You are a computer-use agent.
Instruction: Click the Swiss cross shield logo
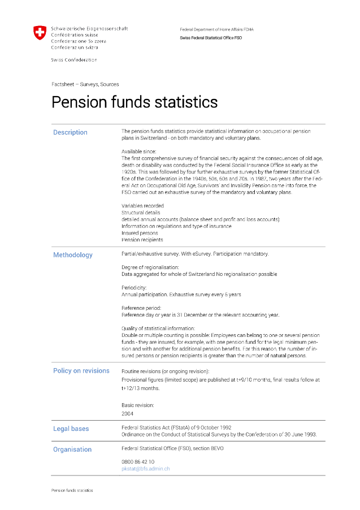point(40,33)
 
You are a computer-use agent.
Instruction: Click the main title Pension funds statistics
point(135,102)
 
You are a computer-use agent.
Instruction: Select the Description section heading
point(70,132)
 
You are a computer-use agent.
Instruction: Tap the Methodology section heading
point(72,255)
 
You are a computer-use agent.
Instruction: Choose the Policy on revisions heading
point(81,371)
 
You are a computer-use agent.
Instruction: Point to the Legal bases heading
point(71,429)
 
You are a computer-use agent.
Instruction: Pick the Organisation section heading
point(72,450)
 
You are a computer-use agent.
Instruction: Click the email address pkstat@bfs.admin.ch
point(145,469)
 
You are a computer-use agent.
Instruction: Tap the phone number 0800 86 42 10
point(137,461)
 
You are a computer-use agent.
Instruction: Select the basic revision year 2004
point(127,413)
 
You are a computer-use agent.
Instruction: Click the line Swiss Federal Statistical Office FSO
point(210,38)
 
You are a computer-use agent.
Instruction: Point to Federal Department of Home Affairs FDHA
point(216,29)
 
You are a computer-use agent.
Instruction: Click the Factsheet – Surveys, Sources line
point(85,84)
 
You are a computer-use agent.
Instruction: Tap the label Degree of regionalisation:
point(150,267)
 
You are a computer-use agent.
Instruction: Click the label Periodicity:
point(133,288)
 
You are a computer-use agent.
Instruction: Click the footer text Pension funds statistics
point(72,490)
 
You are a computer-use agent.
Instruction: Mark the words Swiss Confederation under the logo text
point(73,60)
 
